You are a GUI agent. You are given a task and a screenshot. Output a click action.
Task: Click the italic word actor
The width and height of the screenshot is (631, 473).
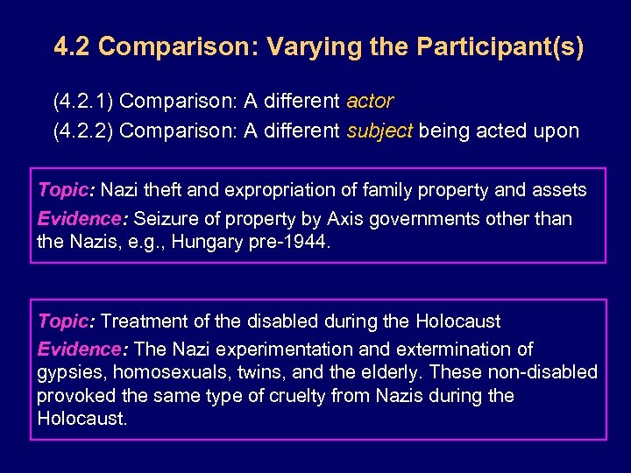tap(370, 102)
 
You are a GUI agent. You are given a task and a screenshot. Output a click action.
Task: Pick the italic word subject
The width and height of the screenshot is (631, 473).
tap(379, 131)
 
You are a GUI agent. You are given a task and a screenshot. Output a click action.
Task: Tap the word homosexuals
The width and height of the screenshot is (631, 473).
tap(169, 372)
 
